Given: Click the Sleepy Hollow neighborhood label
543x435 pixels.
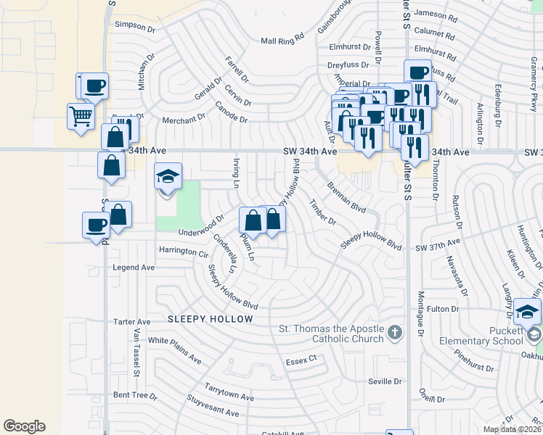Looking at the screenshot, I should tap(211, 319).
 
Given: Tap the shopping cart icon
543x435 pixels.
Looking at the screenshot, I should tap(81, 115).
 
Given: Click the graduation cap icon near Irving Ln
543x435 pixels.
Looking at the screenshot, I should tap(168, 176).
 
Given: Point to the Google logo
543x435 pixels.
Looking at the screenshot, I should tap(24, 426).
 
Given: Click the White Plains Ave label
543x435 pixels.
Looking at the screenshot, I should tap(174, 349).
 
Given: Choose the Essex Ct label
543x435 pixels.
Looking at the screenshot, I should tap(302, 359).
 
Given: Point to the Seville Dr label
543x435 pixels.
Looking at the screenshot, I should tap(385, 381).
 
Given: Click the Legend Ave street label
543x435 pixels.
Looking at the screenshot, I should tap(134, 268).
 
